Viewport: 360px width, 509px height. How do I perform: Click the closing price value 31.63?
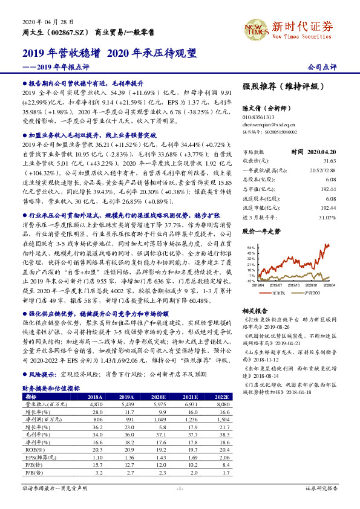[330, 161]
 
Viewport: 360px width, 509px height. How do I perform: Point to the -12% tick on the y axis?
[250, 281]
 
